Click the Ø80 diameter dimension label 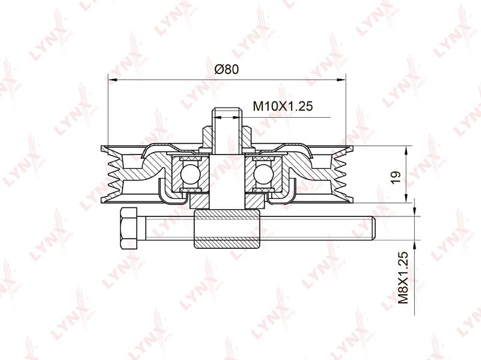(x=227, y=69)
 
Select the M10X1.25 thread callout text (x=283, y=106)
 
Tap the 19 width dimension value (x=396, y=177)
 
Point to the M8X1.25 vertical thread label (x=403, y=278)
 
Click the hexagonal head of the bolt (x=129, y=228)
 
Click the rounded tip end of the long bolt (x=373, y=228)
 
